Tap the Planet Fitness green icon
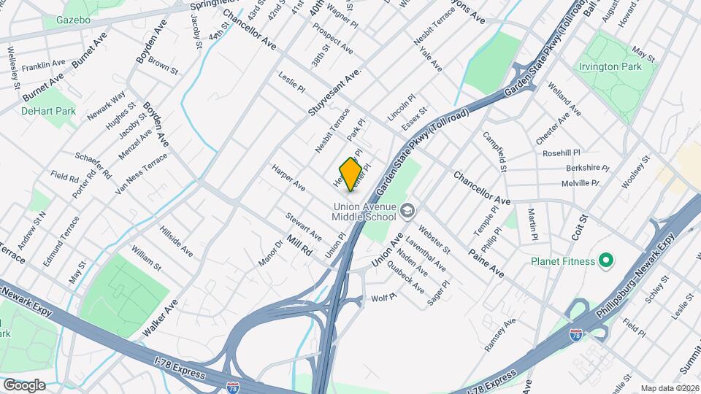point(605,260)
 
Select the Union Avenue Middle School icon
point(408,212)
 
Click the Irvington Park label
point(610,66)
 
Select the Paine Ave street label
point(487,263)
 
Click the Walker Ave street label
point(160,317)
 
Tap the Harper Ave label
point(288,177)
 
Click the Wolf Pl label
point(383,298)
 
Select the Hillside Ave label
point(176,241)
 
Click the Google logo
point(24,385)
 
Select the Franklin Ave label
point(45,66)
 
